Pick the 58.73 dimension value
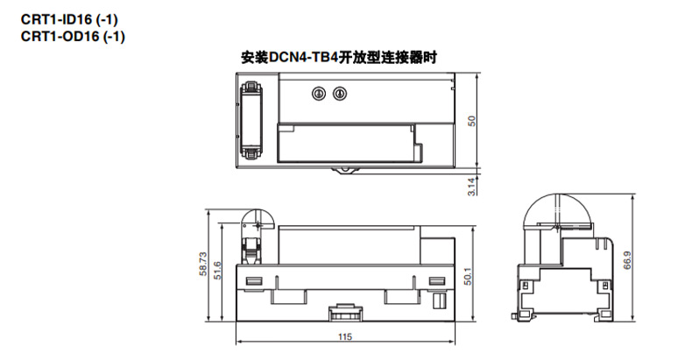pos(202,265)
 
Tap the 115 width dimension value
pos(347,336)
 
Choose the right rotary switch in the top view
pos(339,91)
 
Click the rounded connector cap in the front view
pos(257,220)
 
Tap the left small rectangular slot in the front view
pos(255,281)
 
